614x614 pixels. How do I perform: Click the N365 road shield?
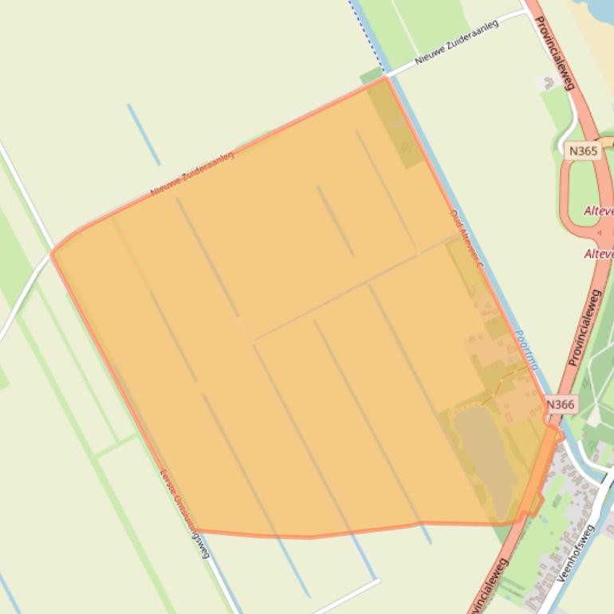(584, 151)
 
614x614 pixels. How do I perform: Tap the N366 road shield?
(561, 404)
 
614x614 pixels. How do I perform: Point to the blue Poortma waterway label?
(527, 351)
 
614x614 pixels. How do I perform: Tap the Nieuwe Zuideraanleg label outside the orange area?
(457, 47)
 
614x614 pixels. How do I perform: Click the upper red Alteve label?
(599, 211)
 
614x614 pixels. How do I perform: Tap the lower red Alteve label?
(599, 254)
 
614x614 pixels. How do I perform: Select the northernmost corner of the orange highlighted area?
(386, 77)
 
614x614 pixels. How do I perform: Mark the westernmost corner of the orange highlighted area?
(53, 253)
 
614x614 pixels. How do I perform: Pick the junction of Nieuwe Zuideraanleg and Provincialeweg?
(526, 11)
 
